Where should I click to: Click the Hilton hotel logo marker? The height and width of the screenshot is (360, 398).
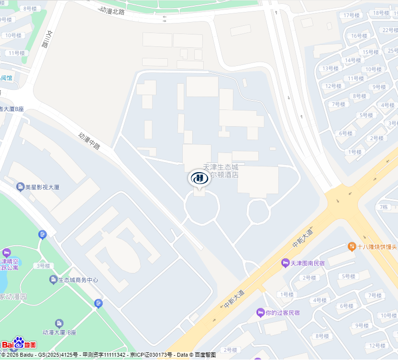coord(199,179)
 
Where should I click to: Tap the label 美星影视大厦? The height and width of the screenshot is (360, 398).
coord(42,187)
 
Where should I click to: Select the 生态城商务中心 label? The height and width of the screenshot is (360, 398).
coord(78,280)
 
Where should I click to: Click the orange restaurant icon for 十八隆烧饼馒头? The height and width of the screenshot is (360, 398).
coord(352,246)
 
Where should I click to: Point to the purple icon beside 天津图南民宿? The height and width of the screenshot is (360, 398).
coord(285,263)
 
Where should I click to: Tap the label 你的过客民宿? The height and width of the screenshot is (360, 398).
coord(282,313)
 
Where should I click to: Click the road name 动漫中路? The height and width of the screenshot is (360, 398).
coord(89,141)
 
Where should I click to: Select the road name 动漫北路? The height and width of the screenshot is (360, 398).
coord(112,11)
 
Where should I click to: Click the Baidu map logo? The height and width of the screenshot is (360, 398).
coord(19,343)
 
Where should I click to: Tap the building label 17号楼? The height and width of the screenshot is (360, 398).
coord(351,15)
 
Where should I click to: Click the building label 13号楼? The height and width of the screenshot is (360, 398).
coord(330,68)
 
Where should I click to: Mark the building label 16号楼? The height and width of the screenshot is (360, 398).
coord(359,36)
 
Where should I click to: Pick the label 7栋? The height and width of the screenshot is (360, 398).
coord(384,207)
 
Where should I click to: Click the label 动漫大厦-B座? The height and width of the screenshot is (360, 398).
coord(59,332)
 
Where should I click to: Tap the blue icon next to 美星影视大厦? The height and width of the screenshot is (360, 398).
coord(20,186)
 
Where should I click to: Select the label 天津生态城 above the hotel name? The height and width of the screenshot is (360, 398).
coord(221,167)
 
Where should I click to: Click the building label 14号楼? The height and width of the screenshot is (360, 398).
coord(353,60)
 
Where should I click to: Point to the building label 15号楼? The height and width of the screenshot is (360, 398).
coord(370,52)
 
